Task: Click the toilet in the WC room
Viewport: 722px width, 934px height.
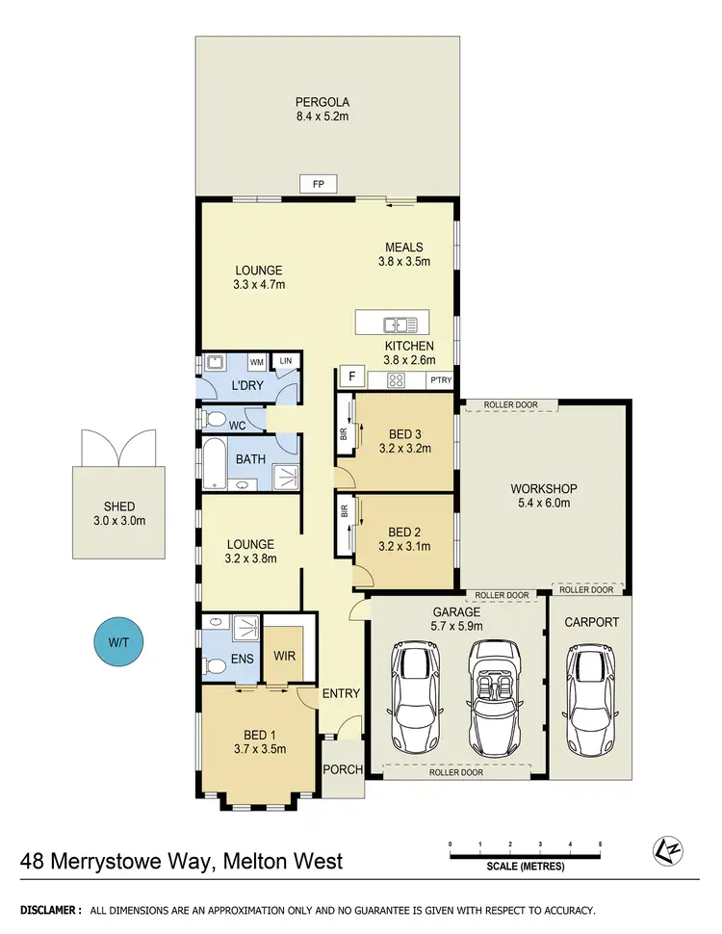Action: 216,420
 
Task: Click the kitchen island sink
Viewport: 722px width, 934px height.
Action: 398,324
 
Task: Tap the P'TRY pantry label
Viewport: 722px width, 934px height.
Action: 441,380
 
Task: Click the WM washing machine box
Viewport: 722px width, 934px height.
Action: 257,362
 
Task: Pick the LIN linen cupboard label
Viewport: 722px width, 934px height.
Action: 286,362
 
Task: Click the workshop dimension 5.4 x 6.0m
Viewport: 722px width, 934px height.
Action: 544,503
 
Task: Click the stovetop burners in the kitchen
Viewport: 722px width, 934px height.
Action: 395,379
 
